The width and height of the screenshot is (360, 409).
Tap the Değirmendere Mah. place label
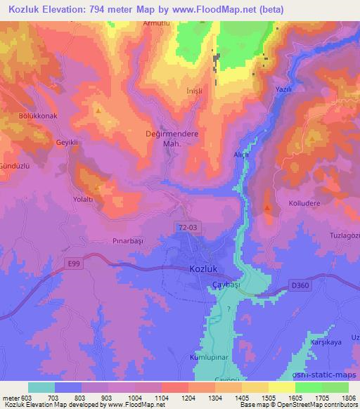point(172,138)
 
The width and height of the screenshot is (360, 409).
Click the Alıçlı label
point(241,153)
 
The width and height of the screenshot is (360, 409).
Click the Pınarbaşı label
point(127,240)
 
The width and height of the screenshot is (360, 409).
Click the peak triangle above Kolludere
point(268,207)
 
